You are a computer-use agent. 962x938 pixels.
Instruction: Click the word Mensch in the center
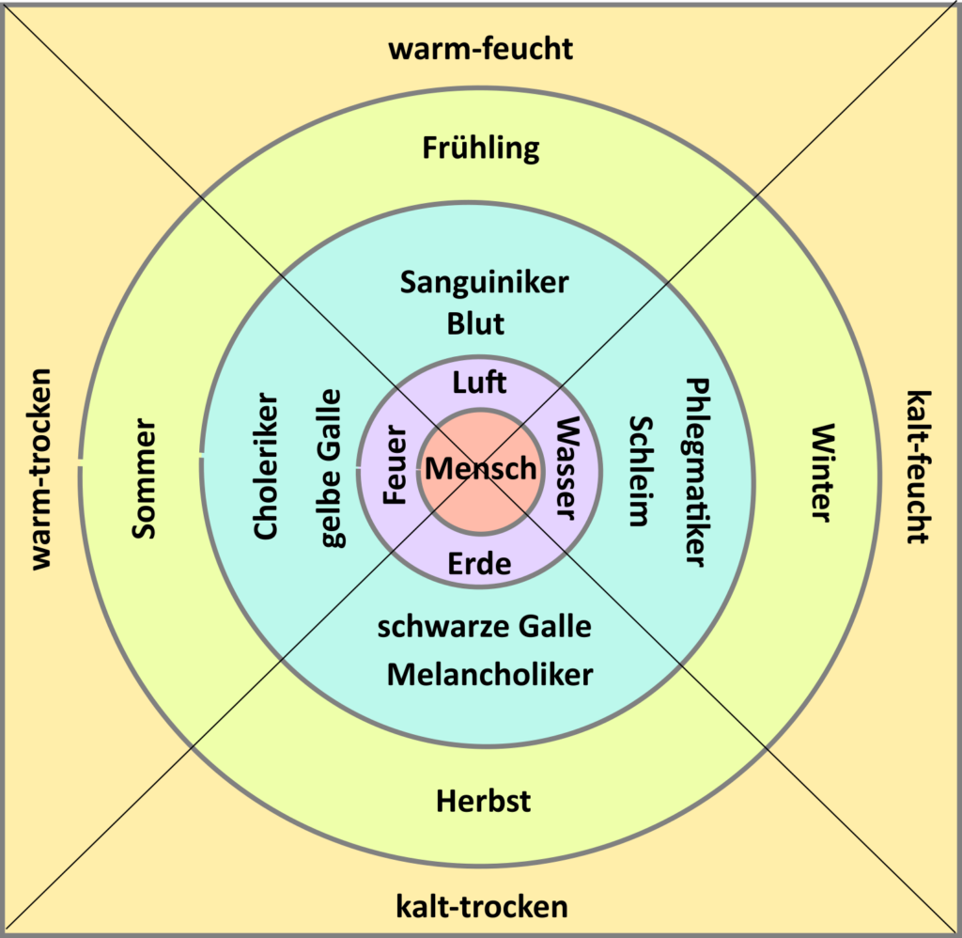(x=480, y=468)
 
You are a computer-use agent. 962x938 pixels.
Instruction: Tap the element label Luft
(x=480, y=383)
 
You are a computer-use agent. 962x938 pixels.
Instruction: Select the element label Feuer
(x=396, y=466)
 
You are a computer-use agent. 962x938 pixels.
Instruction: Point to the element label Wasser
(x=566, y=467)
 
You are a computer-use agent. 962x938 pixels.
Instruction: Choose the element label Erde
(x=480, y=564)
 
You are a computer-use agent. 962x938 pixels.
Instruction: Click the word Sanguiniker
(x=484, y=282)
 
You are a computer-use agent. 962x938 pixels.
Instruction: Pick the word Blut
(x=475, y=323)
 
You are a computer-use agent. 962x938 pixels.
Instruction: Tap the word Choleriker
(x=267, y=466)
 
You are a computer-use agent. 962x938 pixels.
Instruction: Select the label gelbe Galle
(x=331, y=467)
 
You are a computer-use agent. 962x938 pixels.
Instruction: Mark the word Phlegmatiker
(x=694, y=472)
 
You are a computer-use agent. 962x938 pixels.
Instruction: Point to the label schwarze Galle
(x=485, y=627)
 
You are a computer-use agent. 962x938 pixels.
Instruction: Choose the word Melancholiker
(x=489, y=674)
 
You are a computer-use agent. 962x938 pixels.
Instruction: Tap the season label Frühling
(x=481, y=149)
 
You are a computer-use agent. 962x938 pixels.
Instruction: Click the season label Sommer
(x=144, y=478)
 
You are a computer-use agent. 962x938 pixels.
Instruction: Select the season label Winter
(x=821, y=473)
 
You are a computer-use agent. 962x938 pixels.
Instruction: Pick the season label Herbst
(x=483, y=801)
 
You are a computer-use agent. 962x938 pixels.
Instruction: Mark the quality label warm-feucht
(x=480, y=48)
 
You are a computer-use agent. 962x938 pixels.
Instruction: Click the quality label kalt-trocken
(x=482, y=907)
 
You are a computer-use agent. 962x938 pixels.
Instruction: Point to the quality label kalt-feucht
(x=916, y=467)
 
